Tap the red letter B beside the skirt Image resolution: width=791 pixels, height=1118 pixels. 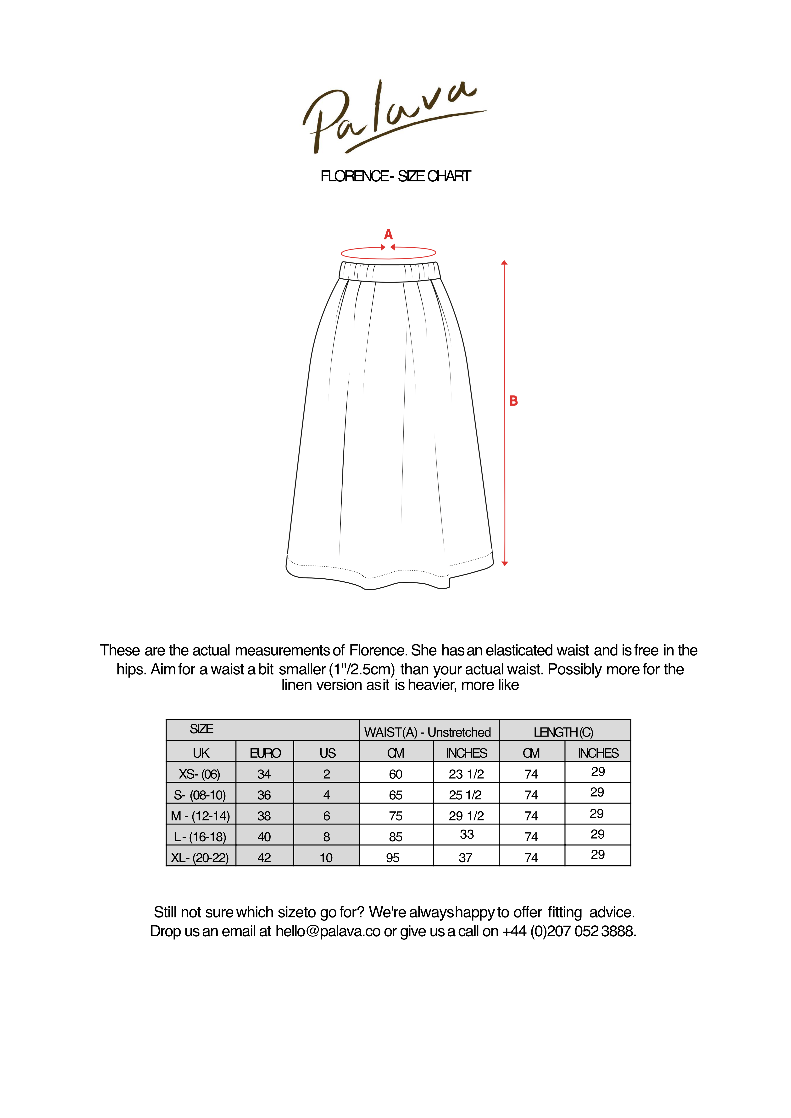click(x=513, y=401)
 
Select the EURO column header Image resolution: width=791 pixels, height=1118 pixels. click(x=265, y=753)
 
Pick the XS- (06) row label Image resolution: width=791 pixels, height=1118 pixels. click(x=200, y=774)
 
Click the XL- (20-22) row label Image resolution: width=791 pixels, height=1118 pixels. click(x=200, y=857)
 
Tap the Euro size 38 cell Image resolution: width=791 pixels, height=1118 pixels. click(x=264, y=816)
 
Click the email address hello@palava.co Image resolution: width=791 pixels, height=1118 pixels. click(x=328, y=931)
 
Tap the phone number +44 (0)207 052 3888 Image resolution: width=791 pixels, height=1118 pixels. click(x=569, y=931)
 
